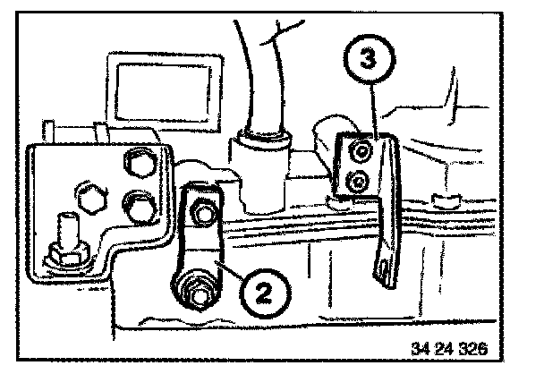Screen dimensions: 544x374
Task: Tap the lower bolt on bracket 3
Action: pyautogui.click(x=358, y=183)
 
